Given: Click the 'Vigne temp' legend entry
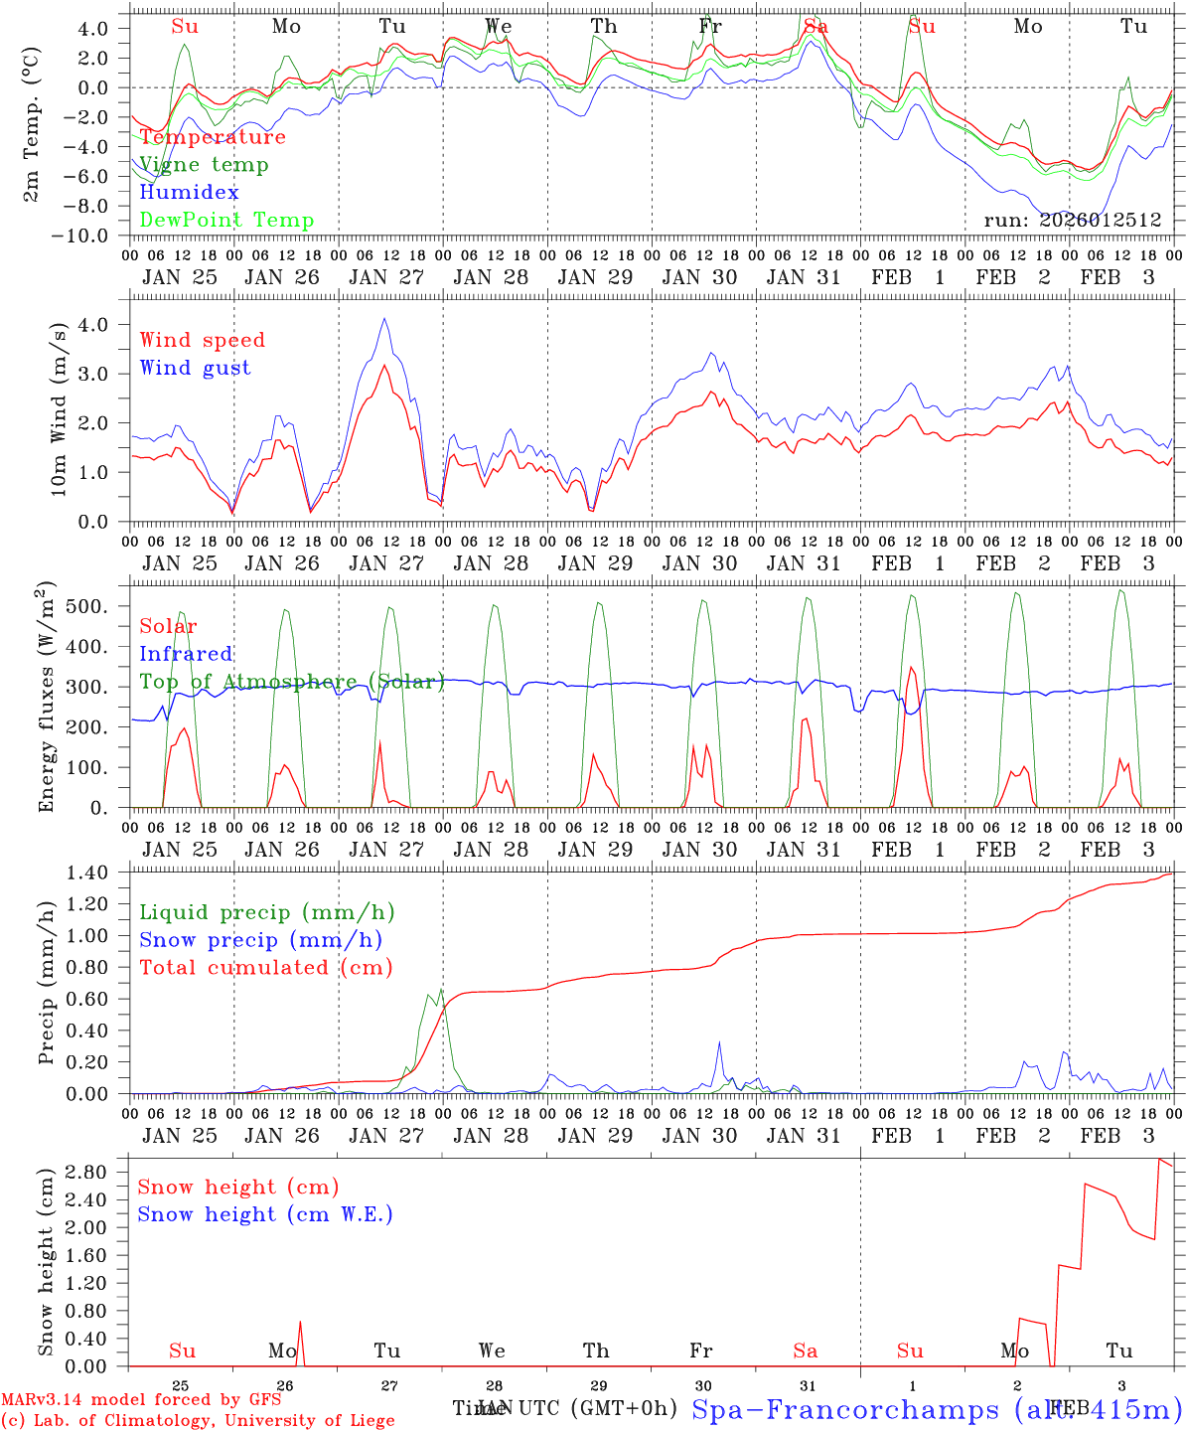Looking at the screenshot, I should (x=204, y=165).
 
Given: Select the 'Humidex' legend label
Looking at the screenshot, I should (x=189, y=193).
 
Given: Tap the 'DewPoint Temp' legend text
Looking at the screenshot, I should (x=226, y=221).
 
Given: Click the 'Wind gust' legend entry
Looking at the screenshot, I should (x=195, y=368).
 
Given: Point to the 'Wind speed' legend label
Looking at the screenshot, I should (x=203, y=340).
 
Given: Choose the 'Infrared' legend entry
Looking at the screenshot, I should (x=186, y=654).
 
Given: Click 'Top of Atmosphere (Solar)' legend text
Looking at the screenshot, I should (x=292, y=682).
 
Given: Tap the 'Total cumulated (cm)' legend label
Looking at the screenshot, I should (x=266, y=968).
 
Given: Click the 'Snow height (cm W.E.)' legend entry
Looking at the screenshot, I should (x=265, y=1214).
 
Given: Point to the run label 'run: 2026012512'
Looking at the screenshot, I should (x=1072, y=221).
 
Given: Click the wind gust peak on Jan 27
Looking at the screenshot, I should (x=384, y=319).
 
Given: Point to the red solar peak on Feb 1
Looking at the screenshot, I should (x=911, y=667).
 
